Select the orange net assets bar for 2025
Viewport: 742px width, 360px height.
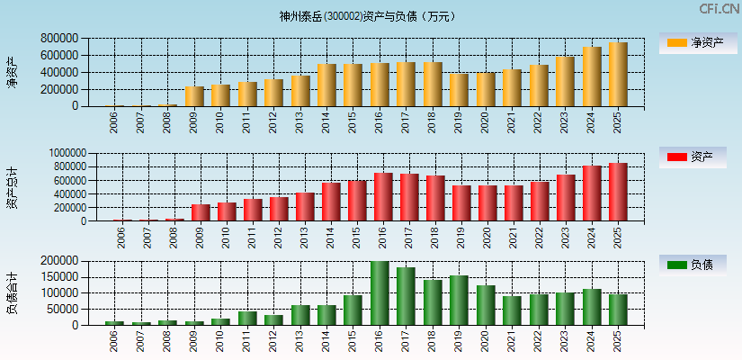tap(618, 75)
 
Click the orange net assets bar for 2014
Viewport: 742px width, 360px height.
tap(326, 85)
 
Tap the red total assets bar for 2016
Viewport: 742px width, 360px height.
tap(383, 197)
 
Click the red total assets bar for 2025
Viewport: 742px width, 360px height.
tap(618, 192)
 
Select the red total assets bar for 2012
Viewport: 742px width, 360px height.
tap(279, 209)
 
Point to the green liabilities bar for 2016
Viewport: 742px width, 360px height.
tap(380, 293)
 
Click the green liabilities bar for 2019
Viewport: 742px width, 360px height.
tap(459, 301)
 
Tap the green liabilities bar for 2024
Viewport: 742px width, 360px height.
tap(591, 307)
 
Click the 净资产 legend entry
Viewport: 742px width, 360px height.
tap(693, 42)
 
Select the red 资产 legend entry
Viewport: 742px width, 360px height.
tap(693, 157)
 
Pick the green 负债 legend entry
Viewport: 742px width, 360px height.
tap(693, 265)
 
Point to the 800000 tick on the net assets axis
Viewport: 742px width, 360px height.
tap(58, 39)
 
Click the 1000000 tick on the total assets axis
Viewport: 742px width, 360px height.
tap(56, 154)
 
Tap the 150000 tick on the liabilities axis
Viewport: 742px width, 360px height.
tap(58, 277)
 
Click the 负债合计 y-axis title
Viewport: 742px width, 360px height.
tap(12, 292)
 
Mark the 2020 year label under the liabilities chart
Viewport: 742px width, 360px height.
tap(487, 340)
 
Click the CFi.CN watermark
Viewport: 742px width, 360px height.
tap(720, 8)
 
